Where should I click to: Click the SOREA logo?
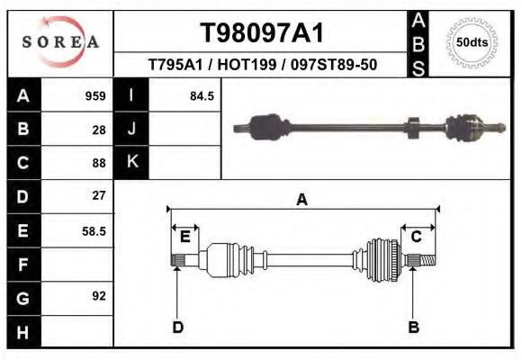[x=60, y=42]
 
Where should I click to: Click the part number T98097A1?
[x=262, y=33]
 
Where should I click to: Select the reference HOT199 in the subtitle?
[x=262, y=65]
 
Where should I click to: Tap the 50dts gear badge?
[x=472, y=41]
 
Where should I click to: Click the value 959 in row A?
[x=95, y=95]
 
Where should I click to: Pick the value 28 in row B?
[x=99, y=129]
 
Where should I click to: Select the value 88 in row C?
[x=99, y=163]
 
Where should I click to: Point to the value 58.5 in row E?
[x=94, y=230]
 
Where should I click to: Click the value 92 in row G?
[x=99, y=295]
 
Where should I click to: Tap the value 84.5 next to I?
[x=202, y=95]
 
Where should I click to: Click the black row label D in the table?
[x=22, y=196]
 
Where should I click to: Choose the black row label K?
[x=132, y=162]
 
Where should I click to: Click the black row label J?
[x=132, y=129]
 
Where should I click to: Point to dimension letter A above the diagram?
[x=302, y=199]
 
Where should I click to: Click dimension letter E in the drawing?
[x=184, y=237]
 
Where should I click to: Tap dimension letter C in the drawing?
[x=417, y=237]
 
